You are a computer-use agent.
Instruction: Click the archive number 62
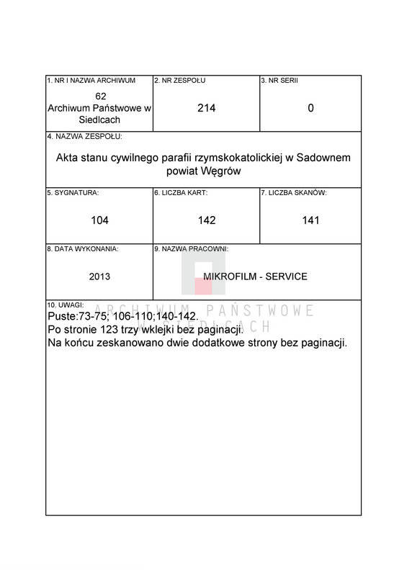(x=100, y=96)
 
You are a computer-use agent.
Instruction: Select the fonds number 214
(x=207, y=108)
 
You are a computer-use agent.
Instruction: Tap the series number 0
(x=310, y=108)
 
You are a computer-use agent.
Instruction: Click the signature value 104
(x=100, y=220)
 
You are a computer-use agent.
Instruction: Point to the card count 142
(x=207, y=220)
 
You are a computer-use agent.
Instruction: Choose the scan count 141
(x=310, y=220)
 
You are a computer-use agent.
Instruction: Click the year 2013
(x=100, y=276)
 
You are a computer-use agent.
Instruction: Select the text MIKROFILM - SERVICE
(x=256, y=276)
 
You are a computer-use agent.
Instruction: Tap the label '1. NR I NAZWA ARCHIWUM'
(x=91, y=80)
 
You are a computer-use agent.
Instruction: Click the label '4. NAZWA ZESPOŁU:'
(x=84, y=136)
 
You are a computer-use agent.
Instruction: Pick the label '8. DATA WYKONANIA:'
(x=83, y=248)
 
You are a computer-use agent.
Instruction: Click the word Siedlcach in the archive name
(x=100, y=120)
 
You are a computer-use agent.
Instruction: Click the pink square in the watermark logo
(x=204, y=286)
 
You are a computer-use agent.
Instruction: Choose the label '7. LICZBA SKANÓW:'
(x=294, y=192)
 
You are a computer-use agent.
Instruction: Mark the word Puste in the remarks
(x=61, y=317)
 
